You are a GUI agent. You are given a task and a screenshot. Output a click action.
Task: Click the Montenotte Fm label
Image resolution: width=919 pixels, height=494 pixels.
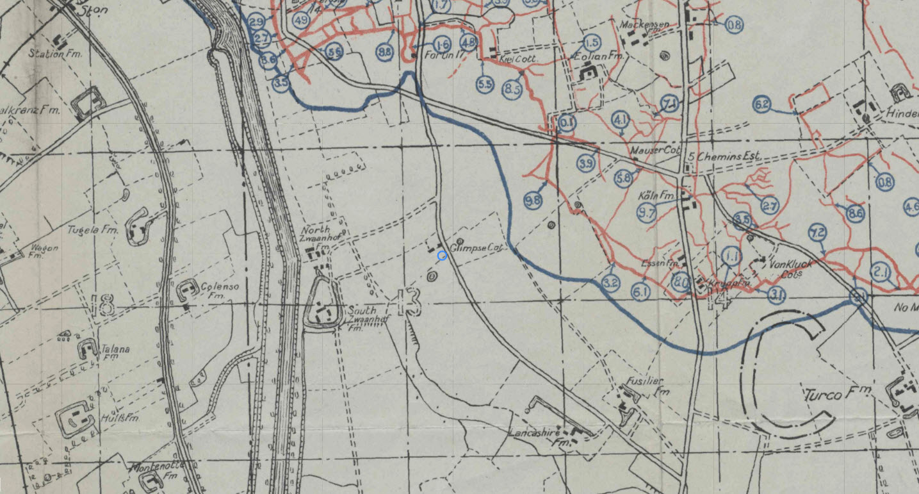[152, 471]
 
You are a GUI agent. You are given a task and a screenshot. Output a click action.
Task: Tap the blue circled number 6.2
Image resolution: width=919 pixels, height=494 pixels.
[761, 105]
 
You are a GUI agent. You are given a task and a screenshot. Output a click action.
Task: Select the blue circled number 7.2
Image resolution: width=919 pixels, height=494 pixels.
[818, 232]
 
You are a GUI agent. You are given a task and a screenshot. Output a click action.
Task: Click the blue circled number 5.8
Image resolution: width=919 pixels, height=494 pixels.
[622, 178]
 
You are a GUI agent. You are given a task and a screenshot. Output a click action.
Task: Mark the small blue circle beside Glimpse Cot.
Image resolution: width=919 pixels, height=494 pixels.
[442, 256]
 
